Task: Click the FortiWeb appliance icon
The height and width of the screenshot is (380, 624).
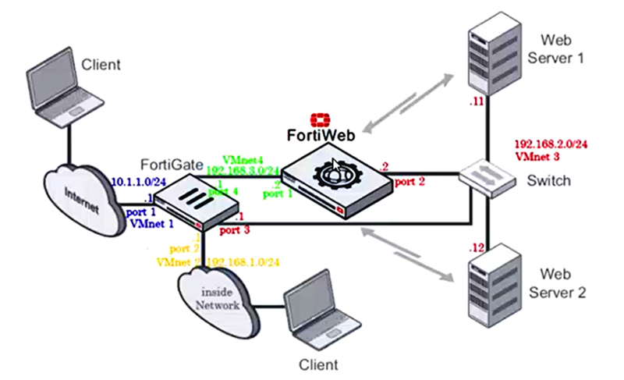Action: [335, 180]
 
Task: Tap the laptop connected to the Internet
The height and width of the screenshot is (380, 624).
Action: [66, 89]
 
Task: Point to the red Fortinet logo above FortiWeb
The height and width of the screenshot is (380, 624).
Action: [321, 119]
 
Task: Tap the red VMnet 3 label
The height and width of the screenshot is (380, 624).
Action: [537, 156]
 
